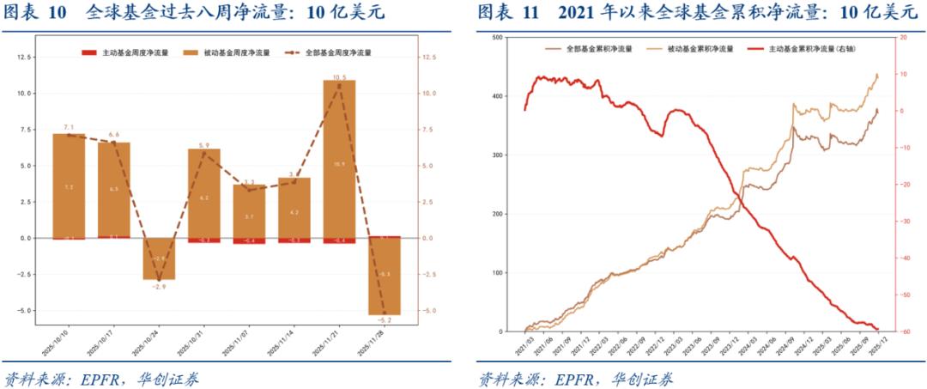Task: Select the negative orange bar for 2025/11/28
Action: click(x=385, y=275)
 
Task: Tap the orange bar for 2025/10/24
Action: click(x=159, y=258)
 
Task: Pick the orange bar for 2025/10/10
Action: click(x=69, y=185)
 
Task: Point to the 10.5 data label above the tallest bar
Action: click(x=339, y=77)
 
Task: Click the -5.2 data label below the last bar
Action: click(x=385, y=319)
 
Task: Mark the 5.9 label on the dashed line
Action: click(x=204, y=144)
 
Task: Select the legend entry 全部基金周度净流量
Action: click(x=338, y=52)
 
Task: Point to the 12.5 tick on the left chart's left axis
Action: click(x=26, y=57)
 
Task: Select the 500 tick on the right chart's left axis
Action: click(x=499, y=38)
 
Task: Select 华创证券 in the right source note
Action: click(x=641, y=379)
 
